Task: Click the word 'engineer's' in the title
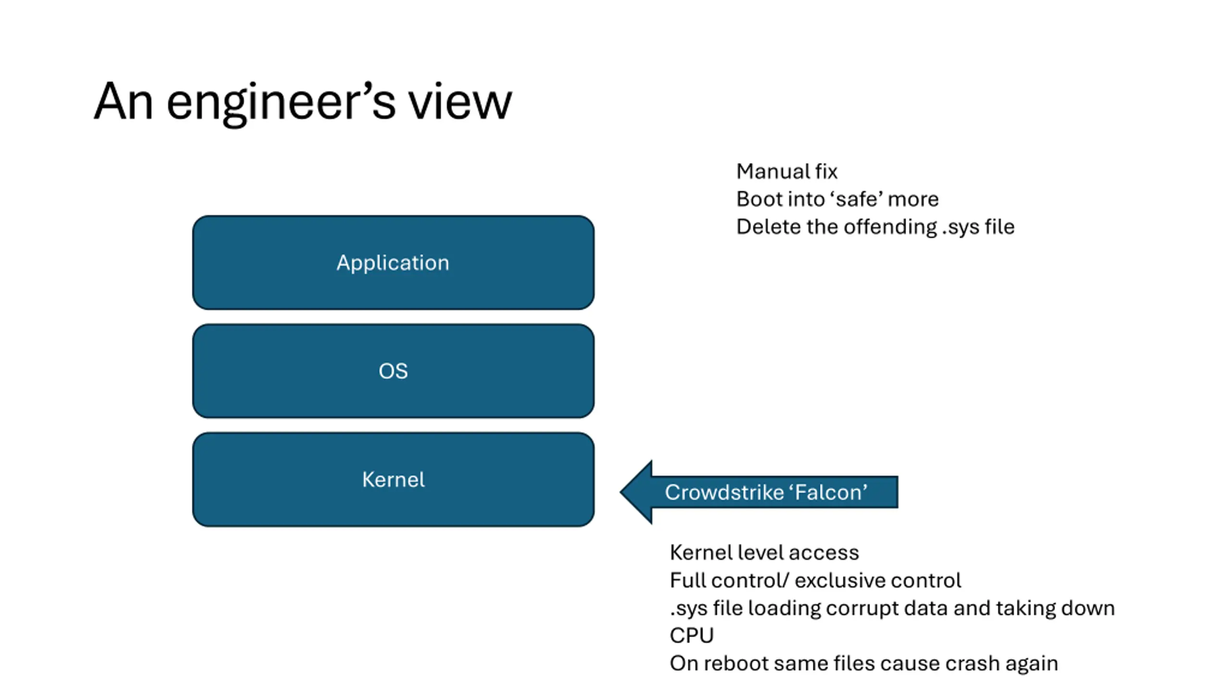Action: [x=281, y=102]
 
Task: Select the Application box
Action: [x=393, y=262]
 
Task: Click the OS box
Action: [x=393, y=371]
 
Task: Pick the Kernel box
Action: [x=393, y=480]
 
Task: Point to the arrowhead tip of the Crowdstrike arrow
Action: [x=620, y=492]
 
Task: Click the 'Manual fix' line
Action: [x=787, y=172]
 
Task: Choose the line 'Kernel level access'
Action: [x=764, y=553]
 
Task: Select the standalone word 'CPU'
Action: [x=691, y=636]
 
